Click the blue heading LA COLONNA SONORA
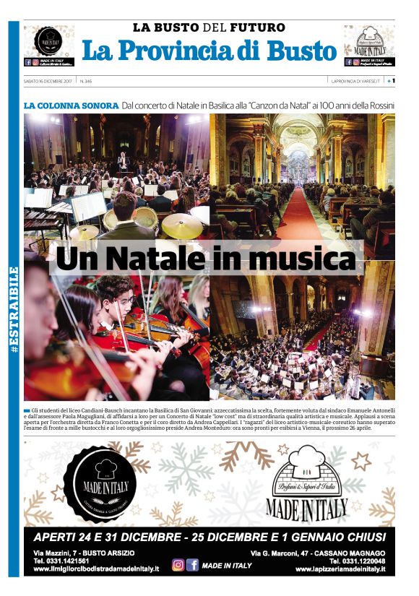tap(71, 105)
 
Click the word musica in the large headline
tap(306, 259)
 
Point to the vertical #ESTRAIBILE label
tap(14, 310)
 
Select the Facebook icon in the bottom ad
tap(192, 565)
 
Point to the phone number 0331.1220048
tap(357, 561)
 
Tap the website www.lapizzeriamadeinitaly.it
tap(340, 570)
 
